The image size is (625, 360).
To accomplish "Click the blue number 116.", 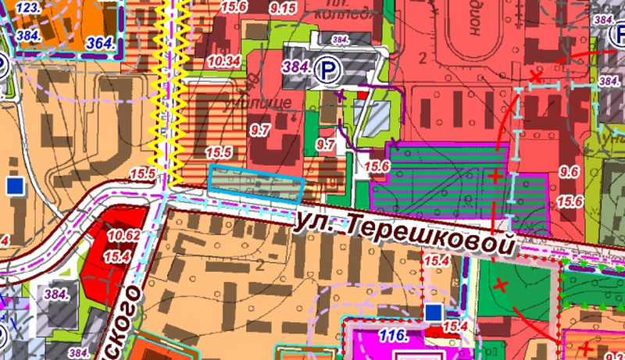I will pyautogui.click(x=391, y=337).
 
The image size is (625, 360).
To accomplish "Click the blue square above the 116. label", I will pyautogui.click(x=434, y=312).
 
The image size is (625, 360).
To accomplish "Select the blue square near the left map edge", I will pyautogui.click(x=13, y=185).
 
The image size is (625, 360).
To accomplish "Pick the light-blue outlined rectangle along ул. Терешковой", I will pyautogui.click(x=255, y=184).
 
